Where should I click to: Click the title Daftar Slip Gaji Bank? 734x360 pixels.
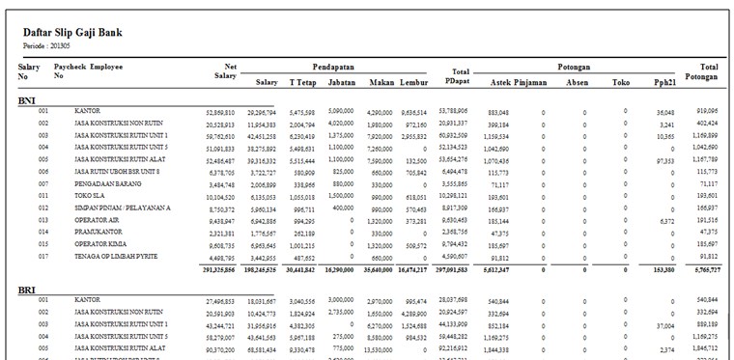pyautogui.click(x=72, y=33)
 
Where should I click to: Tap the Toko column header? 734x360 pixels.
pyautogui.click(x=620, y=82)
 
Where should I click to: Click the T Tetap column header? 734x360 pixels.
pyautogui.click(x=302, y=82)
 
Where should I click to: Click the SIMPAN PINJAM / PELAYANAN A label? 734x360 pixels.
pyautogui.click(x=122, y=207)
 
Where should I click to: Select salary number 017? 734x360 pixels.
pyautogui.click(x=43, y=256)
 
